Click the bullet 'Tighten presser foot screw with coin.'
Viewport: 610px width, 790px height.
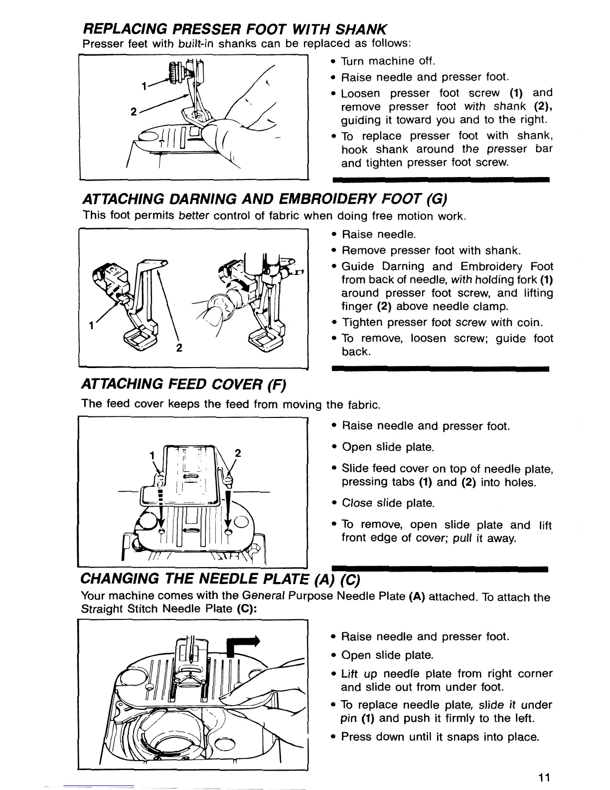pyautogui.click(x=441, y=322)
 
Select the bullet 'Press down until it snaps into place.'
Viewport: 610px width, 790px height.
pyautogui.click(x=440, y=737)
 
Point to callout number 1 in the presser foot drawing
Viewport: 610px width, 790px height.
pyautogui.click(x=144, y=86)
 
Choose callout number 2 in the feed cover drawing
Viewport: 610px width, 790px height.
pyautogui.click(x=238, y=453)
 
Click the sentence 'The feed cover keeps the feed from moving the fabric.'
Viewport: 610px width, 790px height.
pyautogui.click(x=231, y=403)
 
